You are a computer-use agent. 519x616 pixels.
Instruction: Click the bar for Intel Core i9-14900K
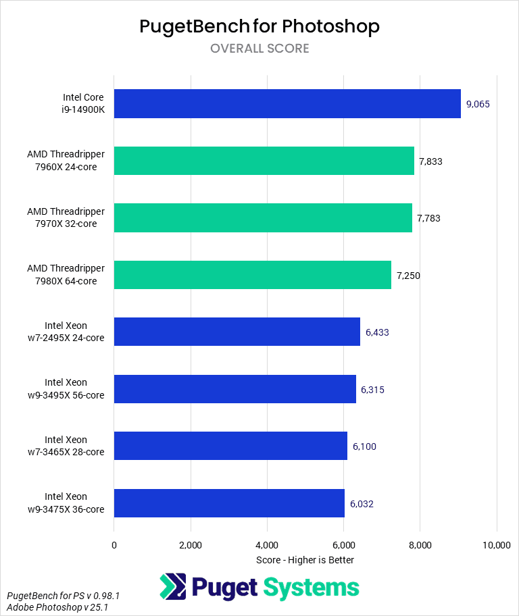287,104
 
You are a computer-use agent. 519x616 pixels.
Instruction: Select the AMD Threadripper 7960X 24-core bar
264,161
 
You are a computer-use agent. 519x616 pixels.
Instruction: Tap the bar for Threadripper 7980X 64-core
252,275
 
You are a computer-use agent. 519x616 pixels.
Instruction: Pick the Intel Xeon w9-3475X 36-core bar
229,503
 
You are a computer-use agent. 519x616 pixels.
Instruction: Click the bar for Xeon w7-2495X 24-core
237,332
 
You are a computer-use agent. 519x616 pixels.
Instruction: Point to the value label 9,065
478,104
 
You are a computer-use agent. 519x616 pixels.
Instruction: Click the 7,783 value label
428,218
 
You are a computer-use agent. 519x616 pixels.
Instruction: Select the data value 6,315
373,389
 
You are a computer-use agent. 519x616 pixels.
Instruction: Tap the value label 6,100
364,446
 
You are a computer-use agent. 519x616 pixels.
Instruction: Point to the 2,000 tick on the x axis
191,545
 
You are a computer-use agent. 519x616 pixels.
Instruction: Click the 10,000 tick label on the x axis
497,545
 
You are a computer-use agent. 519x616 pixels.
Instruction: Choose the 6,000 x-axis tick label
344,545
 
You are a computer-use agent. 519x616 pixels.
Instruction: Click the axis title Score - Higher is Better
305,560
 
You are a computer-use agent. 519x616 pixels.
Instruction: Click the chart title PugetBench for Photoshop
259,26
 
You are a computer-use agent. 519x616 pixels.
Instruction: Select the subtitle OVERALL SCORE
259,49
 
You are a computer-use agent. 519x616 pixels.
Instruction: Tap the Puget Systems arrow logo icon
173,586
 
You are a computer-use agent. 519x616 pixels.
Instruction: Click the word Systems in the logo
312,588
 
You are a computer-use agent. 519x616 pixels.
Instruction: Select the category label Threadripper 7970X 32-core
66,218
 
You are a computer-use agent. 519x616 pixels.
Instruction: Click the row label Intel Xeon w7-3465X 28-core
74,446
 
